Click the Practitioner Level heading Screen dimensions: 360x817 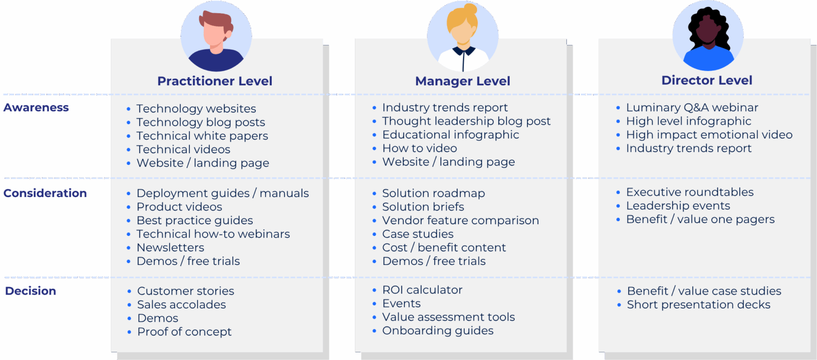click(x=214, y=81)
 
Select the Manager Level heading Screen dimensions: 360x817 click(x=463, y=81)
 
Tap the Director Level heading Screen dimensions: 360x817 click(x=707, y=80)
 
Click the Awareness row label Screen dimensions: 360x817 click(x=36, y=108)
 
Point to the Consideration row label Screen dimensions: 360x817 click(x=45, y=193)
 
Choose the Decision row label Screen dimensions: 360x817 click(x=31, y=291)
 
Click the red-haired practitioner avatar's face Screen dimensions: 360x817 click(x=214, y=33)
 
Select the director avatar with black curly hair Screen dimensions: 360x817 click(x=708, y=36)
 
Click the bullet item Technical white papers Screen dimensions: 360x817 click(x=202, y=136)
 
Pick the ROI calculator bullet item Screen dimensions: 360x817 click(x=422, y=290)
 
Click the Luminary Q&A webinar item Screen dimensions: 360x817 click(x=692, y=108)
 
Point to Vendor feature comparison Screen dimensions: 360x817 click(x=461, y=221)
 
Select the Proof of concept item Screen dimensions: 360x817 click(x=184, y=332)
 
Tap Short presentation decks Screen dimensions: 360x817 click(x=699, y=305)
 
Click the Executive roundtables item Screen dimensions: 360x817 click(x=690, y=193)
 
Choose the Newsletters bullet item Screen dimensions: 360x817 click(x=171, y=248)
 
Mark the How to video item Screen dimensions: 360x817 click(x=420, y=149)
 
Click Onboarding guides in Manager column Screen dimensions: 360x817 click(x=438, y=331)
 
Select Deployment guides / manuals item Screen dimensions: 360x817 click(x=223, y=194)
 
